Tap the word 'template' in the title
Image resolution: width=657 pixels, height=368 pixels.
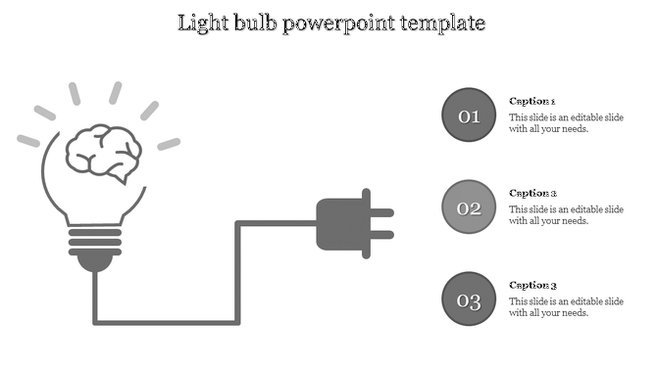pos(440,23)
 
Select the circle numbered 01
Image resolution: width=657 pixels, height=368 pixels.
pos(470,116)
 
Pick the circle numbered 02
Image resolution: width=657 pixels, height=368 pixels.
pos(470,207)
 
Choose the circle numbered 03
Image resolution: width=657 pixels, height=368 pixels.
pos(470,299)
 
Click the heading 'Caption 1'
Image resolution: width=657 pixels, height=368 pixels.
pos(532,101)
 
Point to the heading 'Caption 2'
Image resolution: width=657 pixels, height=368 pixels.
pos(532,193)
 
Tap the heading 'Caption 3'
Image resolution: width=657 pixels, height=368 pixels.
pos(532,285)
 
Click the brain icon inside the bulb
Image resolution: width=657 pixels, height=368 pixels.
pos(102,152)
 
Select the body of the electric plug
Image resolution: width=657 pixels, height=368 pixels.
pos(338,224)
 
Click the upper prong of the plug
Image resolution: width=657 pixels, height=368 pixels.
pos(381,212)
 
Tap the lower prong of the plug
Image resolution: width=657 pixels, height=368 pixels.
pos(381,235)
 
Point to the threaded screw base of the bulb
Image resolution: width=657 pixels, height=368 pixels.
pos(95,240)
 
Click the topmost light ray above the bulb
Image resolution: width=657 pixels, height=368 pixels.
pos(75,95)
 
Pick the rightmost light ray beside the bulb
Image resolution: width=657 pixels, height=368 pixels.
pos(169,144)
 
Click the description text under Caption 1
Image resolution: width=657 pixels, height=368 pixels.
pos(566,122)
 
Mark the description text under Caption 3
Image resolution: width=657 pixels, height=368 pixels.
pos(566,306)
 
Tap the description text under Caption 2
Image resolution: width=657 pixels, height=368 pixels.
pos(566,214)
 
